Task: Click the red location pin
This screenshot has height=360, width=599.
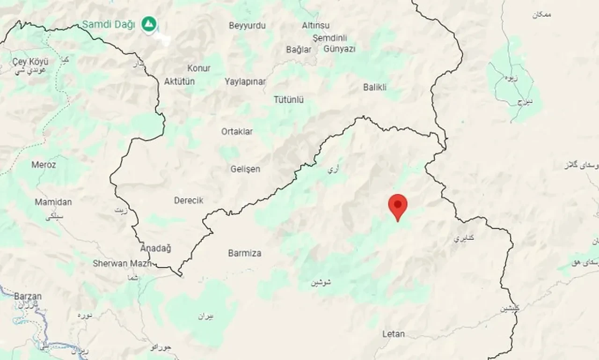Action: [398, 205]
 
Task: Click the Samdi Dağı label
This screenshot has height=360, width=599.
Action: [109, 24]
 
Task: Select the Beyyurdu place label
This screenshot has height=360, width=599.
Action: [247, 26]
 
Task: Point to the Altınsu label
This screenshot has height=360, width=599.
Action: [315, 25]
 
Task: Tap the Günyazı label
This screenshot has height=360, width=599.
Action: [339, 49]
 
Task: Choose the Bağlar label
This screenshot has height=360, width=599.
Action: [299, 49]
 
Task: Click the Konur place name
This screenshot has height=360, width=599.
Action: [199, 68]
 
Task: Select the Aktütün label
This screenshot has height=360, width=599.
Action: [179, 81]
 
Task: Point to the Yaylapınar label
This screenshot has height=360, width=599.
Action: [245, 81]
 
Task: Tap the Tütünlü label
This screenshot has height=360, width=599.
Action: [289, 100]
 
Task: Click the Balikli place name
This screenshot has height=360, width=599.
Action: [375, 87]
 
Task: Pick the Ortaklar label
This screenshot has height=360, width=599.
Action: [237, 132]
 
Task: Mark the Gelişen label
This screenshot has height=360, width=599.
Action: [245, 169]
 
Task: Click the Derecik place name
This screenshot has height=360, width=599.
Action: [189, 200]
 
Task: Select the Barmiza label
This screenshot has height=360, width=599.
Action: [245, 253]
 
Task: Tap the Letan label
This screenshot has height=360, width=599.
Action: [394, 334]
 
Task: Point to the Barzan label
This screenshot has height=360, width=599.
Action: [28, 296]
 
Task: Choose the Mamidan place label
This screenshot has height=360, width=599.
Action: [53, 202]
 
